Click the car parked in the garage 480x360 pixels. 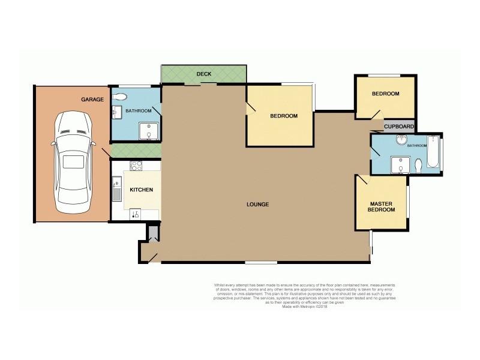pyautogui.click(x=74, y=163)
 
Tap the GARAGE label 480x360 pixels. pyautogui.click(x=92, y=99)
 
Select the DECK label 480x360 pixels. pyautogui.click(x=204, y=74)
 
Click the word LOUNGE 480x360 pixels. pyautogui.click(x=257, y=205)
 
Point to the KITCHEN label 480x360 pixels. pyautogui.click(x=142, y=190)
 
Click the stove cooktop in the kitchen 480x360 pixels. pyautogui.click(x=136, y=166)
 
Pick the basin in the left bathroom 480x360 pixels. pyautogui.click(x=116, y=112)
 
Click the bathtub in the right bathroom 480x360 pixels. pyautogui.click(x=434, y=155)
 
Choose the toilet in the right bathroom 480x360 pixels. pyautogui.click(x=418, y=164)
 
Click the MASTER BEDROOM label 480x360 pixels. pyautogui.click(x=382, y=207)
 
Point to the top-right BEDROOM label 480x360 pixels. pyautogui.click(x=385, y=94)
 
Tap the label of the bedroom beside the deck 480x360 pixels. pyautogui.click(x=283, y=116)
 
